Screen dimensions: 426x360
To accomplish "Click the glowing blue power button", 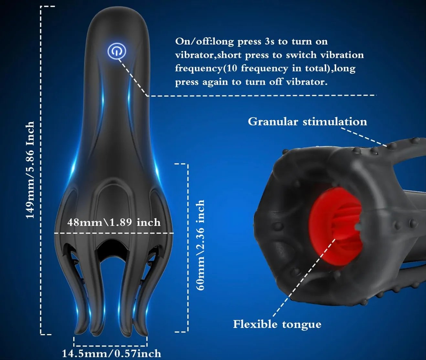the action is pos(117,51).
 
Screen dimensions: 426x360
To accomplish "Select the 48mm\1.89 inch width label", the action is pos(114,222).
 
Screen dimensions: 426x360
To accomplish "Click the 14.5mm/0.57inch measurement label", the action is pos(112,354).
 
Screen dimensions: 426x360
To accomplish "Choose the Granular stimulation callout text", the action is pos(307,122).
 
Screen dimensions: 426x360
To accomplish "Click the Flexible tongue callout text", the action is pos(277,324).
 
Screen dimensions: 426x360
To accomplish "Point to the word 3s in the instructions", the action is pos(269,42).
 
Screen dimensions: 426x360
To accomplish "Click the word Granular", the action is pos(273,122).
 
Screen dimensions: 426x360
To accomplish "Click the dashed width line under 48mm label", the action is pos(114,233).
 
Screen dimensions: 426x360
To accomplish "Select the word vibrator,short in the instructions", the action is pos(208,55).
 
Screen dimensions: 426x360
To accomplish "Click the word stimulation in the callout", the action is pos(335,122).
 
